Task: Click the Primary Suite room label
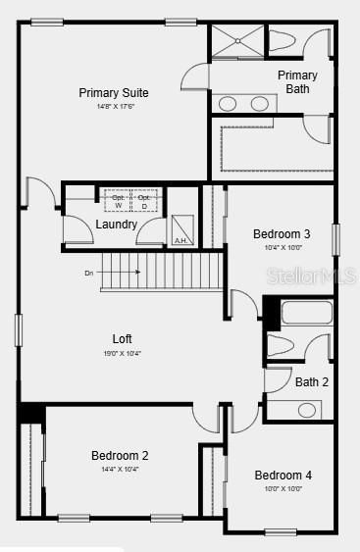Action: click(x=114, y=93)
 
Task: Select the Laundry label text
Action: click(x=116, y=225)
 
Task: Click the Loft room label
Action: click(x=122, y=338)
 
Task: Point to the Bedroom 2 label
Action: click(x=120, y=456)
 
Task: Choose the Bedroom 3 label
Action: click(x=282, y=234)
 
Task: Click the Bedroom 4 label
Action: click(x=283, y=476)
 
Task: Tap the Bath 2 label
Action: click(x=312, y=381)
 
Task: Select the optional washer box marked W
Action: click(x=118, y=199)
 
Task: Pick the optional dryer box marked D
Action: click(x=145, y=199)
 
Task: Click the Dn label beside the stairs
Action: click(x=89, y=273)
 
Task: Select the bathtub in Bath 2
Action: click(x=306, y=315)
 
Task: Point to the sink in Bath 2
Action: click(x=307, y=409)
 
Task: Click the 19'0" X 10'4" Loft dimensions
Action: click(x=122, y=353)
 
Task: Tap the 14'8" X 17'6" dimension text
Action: click(x=114, y=106)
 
